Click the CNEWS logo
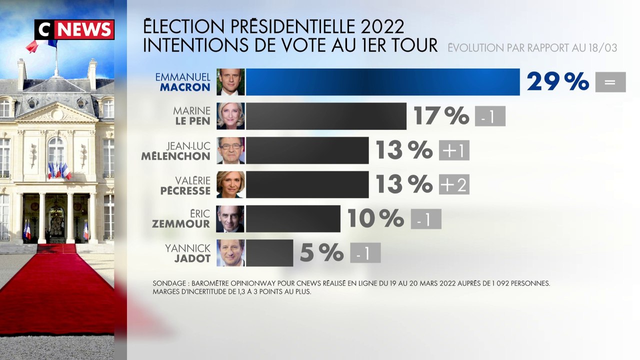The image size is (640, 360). (x=74, y=29)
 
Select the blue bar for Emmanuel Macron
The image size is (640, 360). (x=382, y=82)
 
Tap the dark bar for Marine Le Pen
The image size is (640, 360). (x=326, y=116)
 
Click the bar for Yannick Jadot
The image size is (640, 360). (x=269, y=253)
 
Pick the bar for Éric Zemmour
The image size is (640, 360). (x=293, y=218)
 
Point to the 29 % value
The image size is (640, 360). (x=557, y=81)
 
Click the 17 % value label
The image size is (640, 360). (x=441, y=116)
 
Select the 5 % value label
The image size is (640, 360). (x=321, y=253)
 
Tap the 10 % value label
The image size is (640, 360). (x=375, y=218)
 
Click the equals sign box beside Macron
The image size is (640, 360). (x=610, y=82)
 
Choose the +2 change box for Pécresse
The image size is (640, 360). (x=454, y=184)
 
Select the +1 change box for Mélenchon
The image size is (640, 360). (x=454, y=150)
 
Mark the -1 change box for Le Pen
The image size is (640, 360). (x=490, y=116)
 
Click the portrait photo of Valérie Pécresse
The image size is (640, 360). (x=230, y=184)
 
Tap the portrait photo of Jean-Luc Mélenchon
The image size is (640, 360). (x=230, y=150)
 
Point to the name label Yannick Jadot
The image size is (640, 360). (x=187, y=253)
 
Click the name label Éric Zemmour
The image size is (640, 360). (x=181, y=218)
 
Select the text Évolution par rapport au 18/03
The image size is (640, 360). (x=532, y=48)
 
